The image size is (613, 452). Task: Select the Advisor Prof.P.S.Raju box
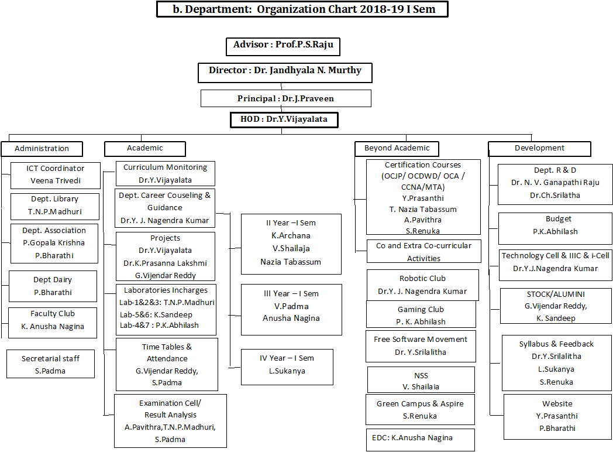[x=283, y=46]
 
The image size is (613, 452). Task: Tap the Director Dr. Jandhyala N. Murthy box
[x=285, y=71]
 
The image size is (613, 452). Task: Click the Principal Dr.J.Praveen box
[x=285, y=98]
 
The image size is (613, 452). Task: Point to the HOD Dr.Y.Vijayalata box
[x=284, y=120]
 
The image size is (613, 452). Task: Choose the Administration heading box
[x=42, y=149]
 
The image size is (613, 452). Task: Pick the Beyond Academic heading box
[x=397, y=149]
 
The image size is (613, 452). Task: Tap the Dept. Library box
[x=54, y=206]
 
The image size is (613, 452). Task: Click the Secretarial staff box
[x=50, y=364]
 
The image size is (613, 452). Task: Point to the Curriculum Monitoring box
[x=165, y=174]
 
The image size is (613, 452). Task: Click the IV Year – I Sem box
[x=287, y=365]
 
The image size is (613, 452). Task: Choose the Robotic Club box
[x=422, y=285]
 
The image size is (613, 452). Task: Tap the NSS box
[x=421, y=381]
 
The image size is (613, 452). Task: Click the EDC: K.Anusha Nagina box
[x=420, y=439]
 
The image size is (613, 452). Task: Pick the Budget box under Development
[x=555, y=225]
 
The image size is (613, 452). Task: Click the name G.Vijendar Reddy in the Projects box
[x=165, y=275]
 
